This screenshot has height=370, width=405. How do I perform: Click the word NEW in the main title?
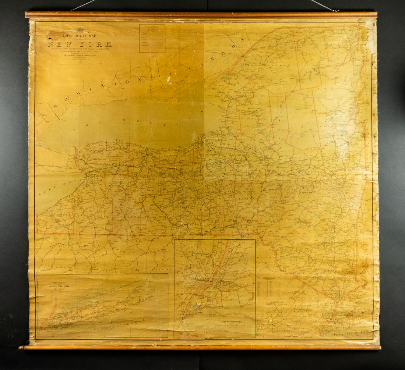pyautogui.click(x=59, y=45)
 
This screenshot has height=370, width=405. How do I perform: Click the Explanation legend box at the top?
pyautogui.click(x=152, y=38)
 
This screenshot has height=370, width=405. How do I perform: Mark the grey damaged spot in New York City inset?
pyautogui.click(x=197, y=306)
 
